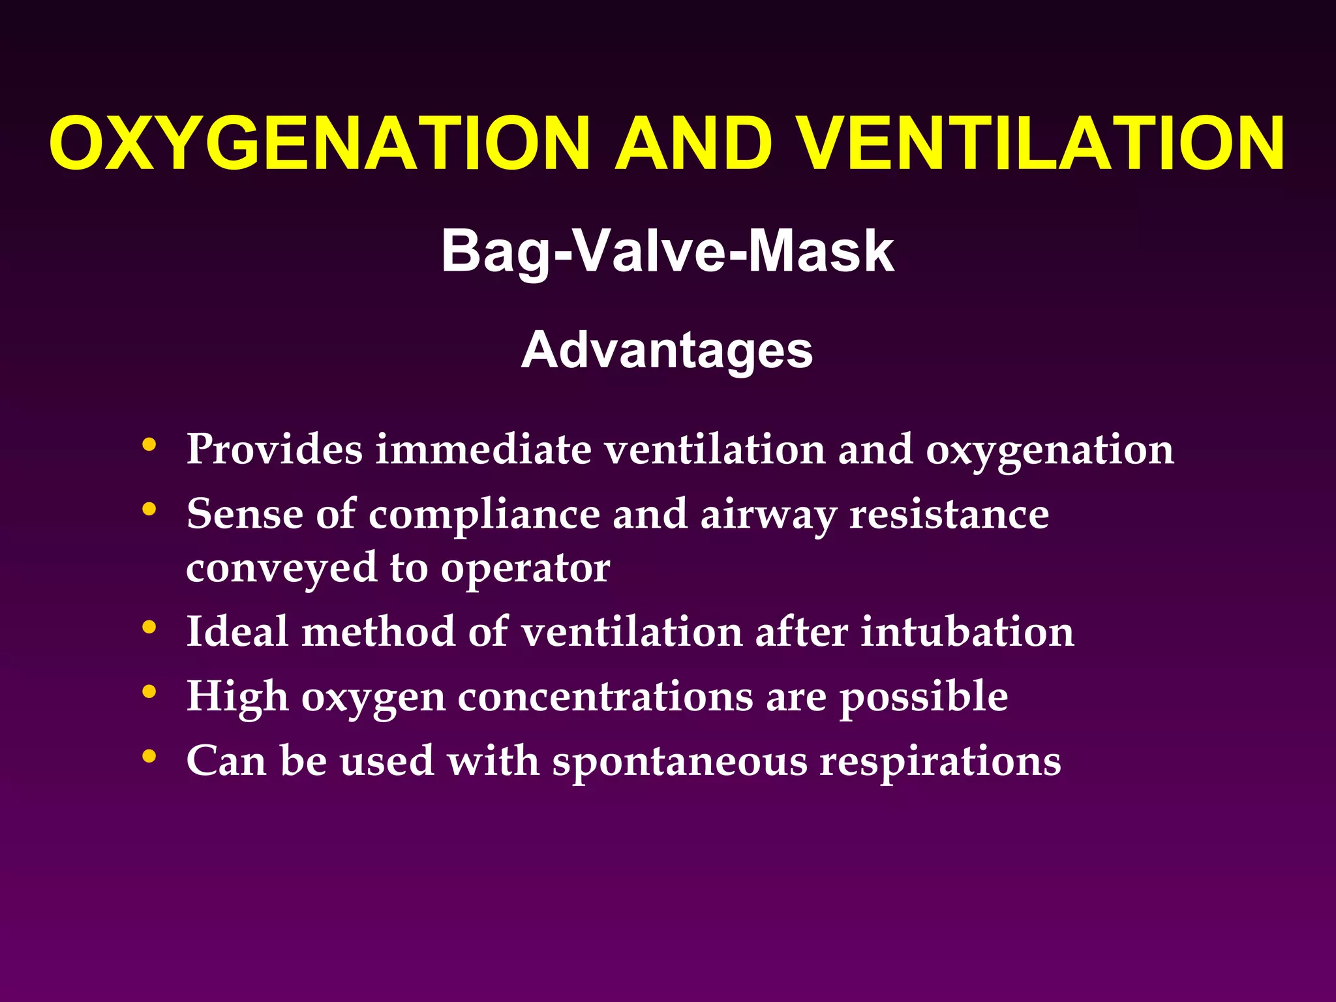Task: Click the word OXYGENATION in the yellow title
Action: [320, 144]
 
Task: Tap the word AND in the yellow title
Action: [694, 144]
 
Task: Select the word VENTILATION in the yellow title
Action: [1042, 144]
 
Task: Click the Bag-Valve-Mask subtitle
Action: [667, 251]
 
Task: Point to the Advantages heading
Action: [667, 350]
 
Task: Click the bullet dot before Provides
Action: [149, 446]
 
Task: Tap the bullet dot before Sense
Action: [149, 509]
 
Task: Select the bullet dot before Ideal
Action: [149, 628]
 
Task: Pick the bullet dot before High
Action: [149, 691]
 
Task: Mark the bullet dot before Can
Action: [149, 756]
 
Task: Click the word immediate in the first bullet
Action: [483, 449]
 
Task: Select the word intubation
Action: [967, 631]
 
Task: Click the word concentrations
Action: [605, 697]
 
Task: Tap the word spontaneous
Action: [680, 762]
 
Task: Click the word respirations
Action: [940, 762]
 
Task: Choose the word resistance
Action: [949, 515]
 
